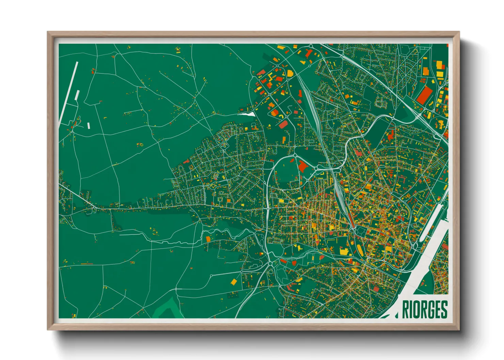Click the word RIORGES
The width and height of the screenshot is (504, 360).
point(425,309)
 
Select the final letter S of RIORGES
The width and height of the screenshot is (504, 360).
point(443,309)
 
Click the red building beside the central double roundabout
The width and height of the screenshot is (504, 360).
point(303,166)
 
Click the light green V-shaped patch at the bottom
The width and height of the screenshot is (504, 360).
point(167,308)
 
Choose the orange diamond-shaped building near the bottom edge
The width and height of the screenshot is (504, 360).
point(234,282)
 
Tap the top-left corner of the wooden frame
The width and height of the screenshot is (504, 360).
point(48,33)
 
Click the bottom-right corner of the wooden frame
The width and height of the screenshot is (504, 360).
point(459,329)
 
